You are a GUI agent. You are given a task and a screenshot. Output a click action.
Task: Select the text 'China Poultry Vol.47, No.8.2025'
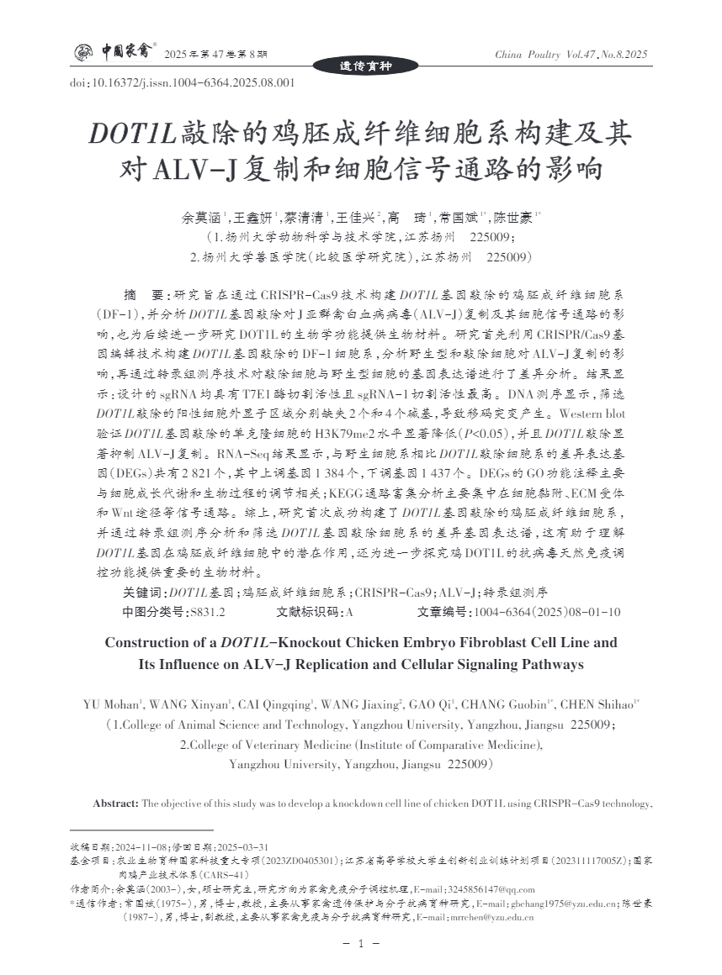571,55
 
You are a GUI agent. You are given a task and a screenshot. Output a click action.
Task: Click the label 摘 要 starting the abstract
146,296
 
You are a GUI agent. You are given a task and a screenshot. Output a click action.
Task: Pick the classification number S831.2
207,612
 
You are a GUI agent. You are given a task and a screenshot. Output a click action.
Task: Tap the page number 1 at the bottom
361,945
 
